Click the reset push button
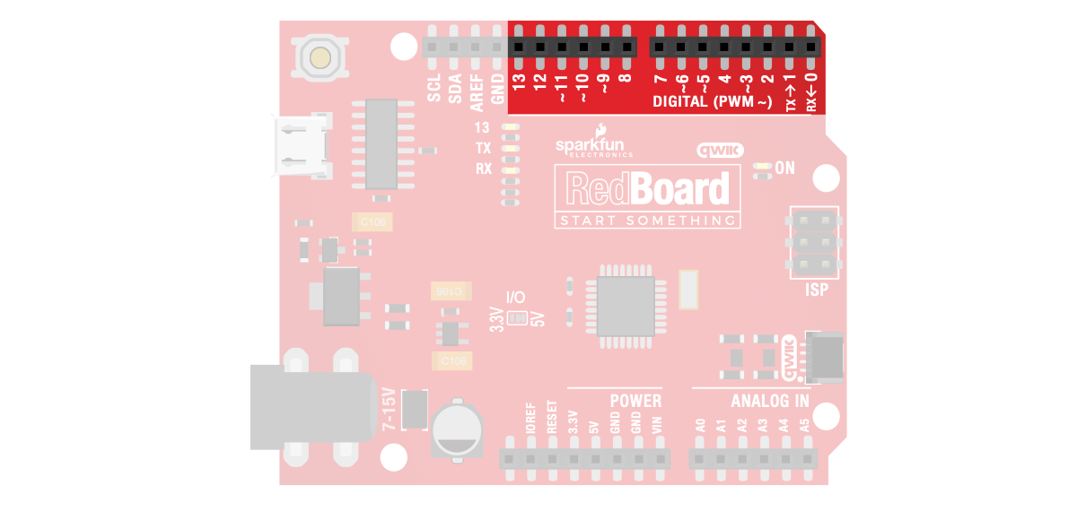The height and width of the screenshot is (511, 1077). [319, 58]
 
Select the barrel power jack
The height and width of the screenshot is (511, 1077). [310, 406]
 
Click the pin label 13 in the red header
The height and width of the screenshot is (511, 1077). [518, 82]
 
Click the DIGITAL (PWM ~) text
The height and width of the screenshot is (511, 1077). [711, 102]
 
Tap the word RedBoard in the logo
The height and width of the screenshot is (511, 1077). [646, 190]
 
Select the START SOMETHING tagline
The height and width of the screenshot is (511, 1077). [646, 221]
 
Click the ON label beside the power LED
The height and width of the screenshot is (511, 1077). [785, 168]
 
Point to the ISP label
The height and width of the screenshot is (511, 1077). [816, 290]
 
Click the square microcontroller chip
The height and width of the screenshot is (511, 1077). [626, 307]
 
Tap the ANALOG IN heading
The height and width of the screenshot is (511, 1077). [769, 401]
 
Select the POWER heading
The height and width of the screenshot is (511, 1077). [635, 401]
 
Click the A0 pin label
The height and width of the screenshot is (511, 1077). [700, 427]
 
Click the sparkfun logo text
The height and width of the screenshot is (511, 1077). [593, 144]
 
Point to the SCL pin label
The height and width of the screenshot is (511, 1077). [434, 88]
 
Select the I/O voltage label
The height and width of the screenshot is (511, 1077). [516, 297]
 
